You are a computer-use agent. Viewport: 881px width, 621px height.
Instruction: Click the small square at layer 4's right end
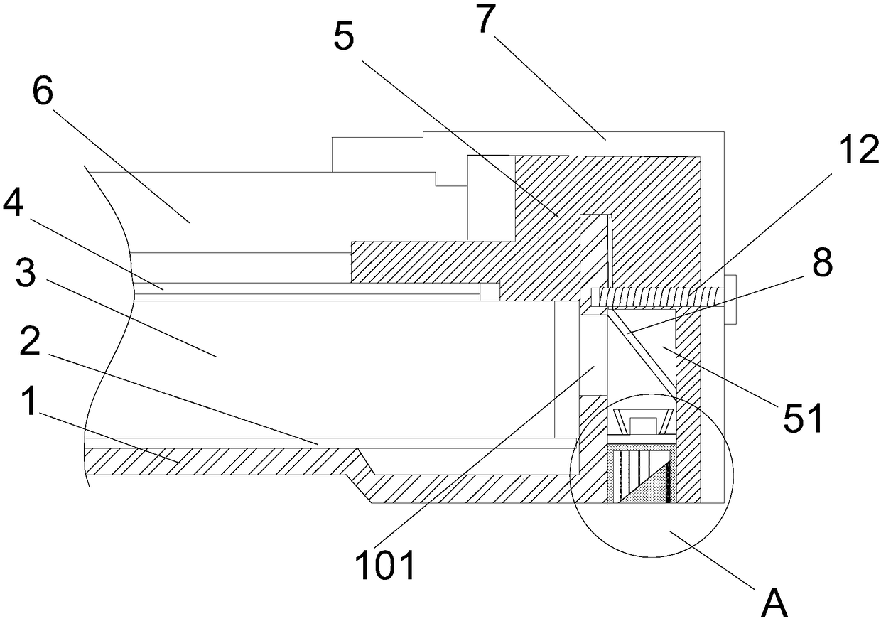(489, 291)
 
